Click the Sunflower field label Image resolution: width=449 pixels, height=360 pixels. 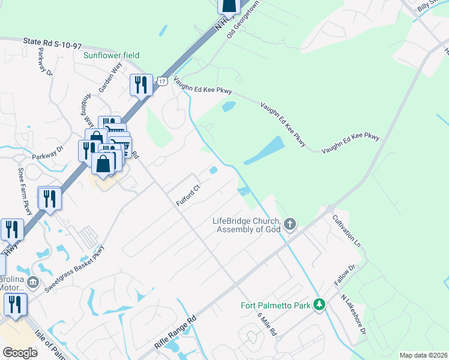[x=111, y=55]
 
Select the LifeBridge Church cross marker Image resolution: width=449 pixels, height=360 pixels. [x=290, y=224]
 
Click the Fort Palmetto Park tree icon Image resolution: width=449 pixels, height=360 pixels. [x=321, y=305]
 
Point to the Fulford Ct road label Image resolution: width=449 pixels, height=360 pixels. [x=188, y=196]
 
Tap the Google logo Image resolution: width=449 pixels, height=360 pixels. [x=20, y=353]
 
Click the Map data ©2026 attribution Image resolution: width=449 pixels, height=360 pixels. [x=423, y=355]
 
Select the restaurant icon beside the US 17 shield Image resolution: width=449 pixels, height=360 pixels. [x=141, y=85]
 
